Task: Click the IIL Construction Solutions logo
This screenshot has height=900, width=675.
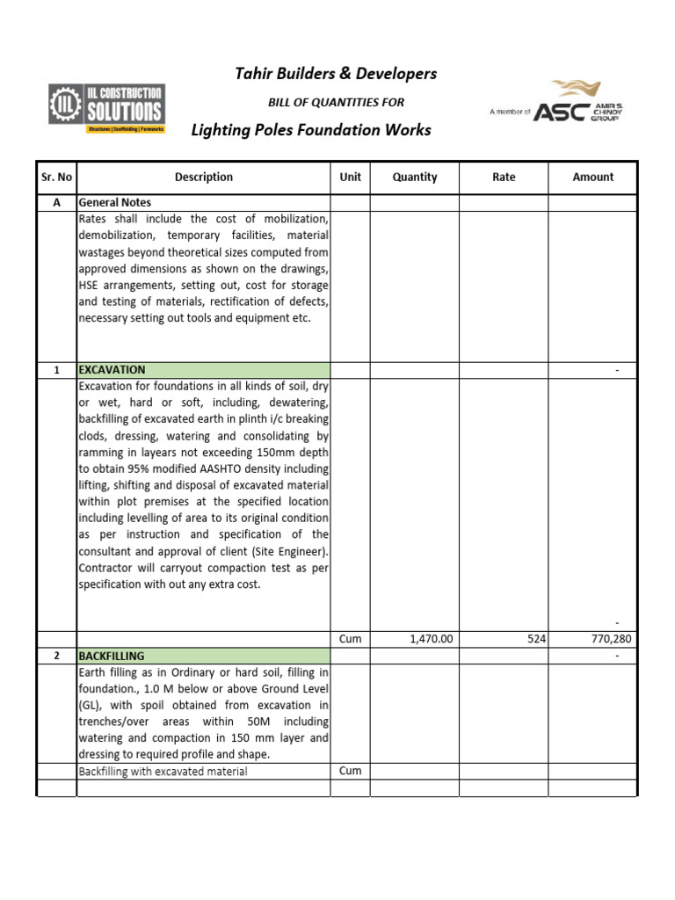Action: [106, 109]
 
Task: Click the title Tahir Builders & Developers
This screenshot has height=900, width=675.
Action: [336, 74]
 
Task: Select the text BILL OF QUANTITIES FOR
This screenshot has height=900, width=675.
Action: [336, 102]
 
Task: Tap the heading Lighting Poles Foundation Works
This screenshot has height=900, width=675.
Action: [311, 130]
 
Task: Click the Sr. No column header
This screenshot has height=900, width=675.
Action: [56, 177]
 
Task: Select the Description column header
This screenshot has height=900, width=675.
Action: [203, 177]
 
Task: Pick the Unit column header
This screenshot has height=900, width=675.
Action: [350, 177]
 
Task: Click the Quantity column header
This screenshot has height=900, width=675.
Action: [415, 177]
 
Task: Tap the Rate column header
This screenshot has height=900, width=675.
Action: [504, 177]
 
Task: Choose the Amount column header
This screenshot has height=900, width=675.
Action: [592, 177]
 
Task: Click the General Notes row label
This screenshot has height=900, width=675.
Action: [114, 202]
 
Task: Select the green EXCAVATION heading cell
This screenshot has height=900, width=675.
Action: [203, 370]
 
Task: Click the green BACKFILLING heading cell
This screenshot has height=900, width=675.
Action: [203, 656]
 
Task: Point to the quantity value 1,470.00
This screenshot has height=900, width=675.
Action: [431, 640]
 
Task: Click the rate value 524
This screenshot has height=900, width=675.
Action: [536, 640]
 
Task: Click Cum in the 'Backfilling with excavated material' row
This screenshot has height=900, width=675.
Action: [350, 771]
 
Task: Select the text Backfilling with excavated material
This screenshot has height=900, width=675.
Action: [163, 772]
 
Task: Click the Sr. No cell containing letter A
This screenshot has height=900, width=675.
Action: [56, 202]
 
